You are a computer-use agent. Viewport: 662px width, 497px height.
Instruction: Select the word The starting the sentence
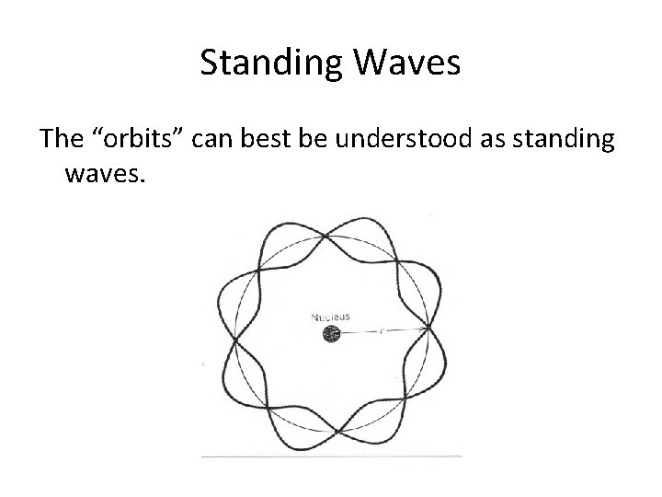tap(61, 139)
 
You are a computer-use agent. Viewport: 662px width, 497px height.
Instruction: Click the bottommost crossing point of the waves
tap(337, 431)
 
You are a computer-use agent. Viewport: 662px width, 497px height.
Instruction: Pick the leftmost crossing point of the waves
tap(236, 343)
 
